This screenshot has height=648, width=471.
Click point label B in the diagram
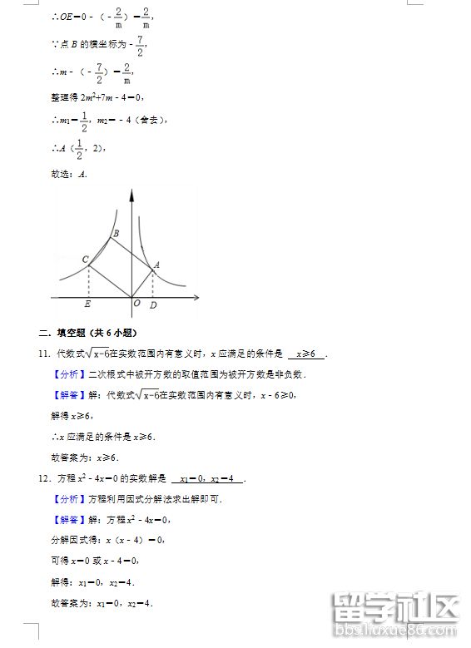click(116, 233)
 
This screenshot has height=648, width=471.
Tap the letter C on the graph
click(85, 260)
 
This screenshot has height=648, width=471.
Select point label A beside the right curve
click(156, 265)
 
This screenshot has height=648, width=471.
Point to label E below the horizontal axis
click(88, 304)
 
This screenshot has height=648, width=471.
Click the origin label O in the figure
click(136, 303)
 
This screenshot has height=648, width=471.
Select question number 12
click(44, 478)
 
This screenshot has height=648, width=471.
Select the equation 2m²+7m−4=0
click(107, 97)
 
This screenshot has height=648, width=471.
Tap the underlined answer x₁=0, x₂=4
click(211, 479)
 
